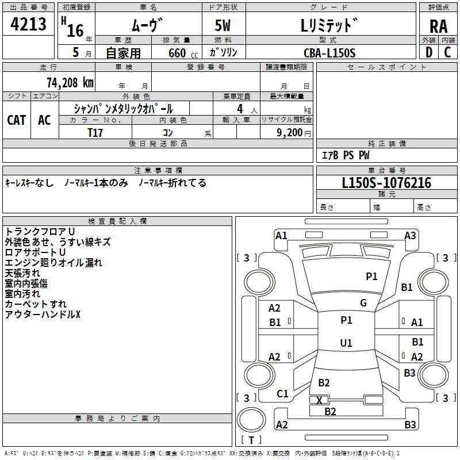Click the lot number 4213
pos(28,24)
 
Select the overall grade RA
pos(438,26)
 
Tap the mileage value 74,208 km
pos(70,82)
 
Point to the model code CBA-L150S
pos(329,53)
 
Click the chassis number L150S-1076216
pos(386,183)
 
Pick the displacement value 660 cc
pos(183,53)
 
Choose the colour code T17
pos(95,133)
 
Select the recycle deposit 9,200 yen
pos(294,133)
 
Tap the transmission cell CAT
pos(17,120)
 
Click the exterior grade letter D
pos(429,52)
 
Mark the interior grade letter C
pos(447,52)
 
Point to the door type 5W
pos(223,25)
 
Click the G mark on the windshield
pos(363,303)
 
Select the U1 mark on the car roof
pos(346,343)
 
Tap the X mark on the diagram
pos(319,400)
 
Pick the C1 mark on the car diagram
pos(282,394)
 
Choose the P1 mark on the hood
pos(371,276)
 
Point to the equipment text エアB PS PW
pos(346,155)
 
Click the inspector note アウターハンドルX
pos(43,315)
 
